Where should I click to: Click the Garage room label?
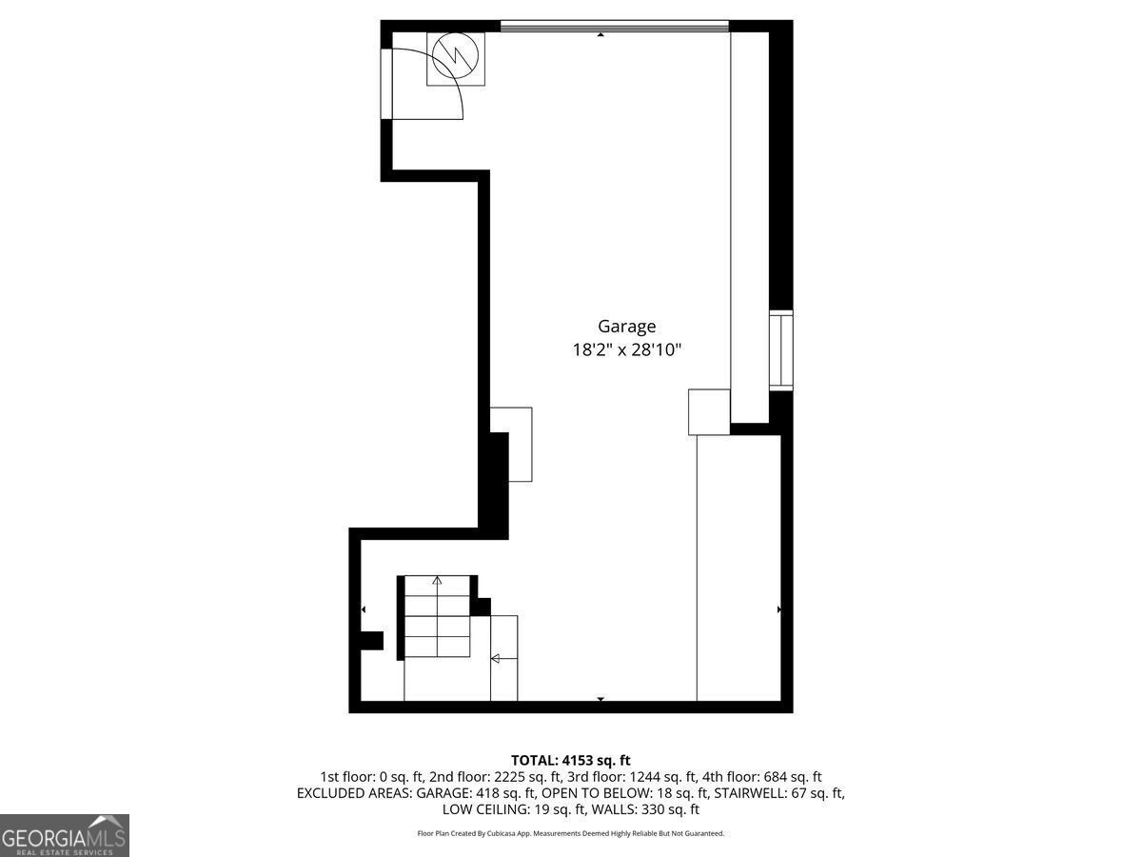(626, 327)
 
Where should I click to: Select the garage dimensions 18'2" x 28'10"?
(626, 350)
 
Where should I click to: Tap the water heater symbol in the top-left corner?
(456, 59)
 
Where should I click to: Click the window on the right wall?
(781, 349)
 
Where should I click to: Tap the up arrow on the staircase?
(437, 580)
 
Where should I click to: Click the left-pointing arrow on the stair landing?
(496, 658)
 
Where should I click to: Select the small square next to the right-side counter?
(709, 411)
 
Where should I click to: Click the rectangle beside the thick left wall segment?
(520, 444)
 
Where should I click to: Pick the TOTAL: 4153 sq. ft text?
(570, 760)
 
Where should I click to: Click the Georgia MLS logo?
(65, 835)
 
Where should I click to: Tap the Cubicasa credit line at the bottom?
(570, 833)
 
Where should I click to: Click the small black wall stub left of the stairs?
(371, 640)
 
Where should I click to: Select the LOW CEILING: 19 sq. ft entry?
(514, 809)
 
